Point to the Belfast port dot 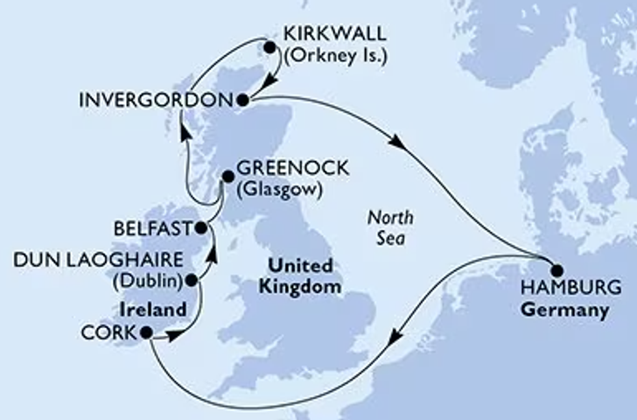(201, 229)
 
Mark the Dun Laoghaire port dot (191, 281)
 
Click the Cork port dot (145, 332)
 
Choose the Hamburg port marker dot (554, 271)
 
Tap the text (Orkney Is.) (334, 60)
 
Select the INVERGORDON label (155, 100)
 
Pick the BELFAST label (152, 229)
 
